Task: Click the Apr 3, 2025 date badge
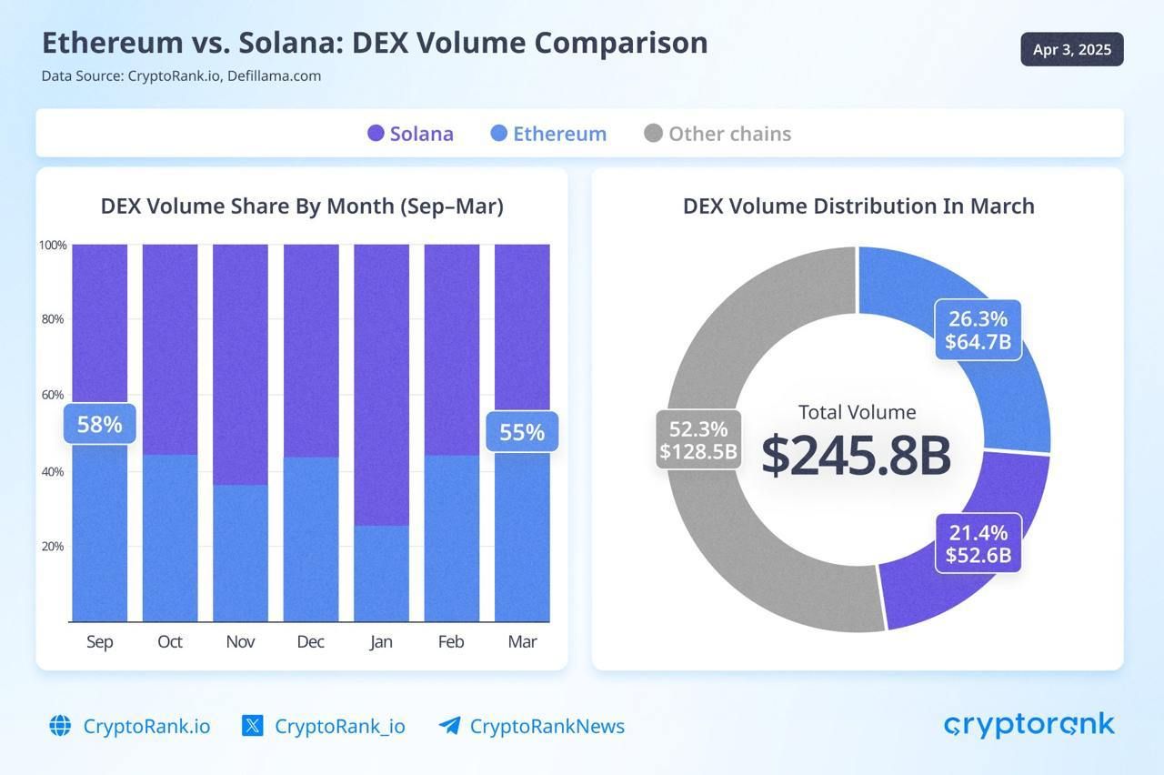(x=1072, y=50)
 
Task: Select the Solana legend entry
(x=410, y=134)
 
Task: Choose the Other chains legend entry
(x=717, y=134)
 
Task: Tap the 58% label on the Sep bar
(x=99, y=424)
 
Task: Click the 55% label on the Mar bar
(x=522, y=432)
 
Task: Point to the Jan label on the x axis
(x=381, y=641)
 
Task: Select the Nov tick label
(x=240, y=641)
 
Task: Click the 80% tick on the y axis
(x=52, y=319)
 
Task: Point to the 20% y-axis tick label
(x=52, y=547)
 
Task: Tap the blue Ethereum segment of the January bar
(x=381, y=573)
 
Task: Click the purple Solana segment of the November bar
(x=240, y=364)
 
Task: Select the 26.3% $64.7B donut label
(x=978, y=330)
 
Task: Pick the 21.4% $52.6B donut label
(x=978, y=544)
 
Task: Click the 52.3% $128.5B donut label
(x=698, y=440)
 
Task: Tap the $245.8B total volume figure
(x=856, y=456)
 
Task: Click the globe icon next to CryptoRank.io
(x=60, y=726)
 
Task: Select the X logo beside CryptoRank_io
(x=253, y=726)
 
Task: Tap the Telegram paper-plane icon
(x=449, y=726)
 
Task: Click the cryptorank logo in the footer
(x=1029, y=725)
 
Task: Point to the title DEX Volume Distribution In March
(x=858, y=206)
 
